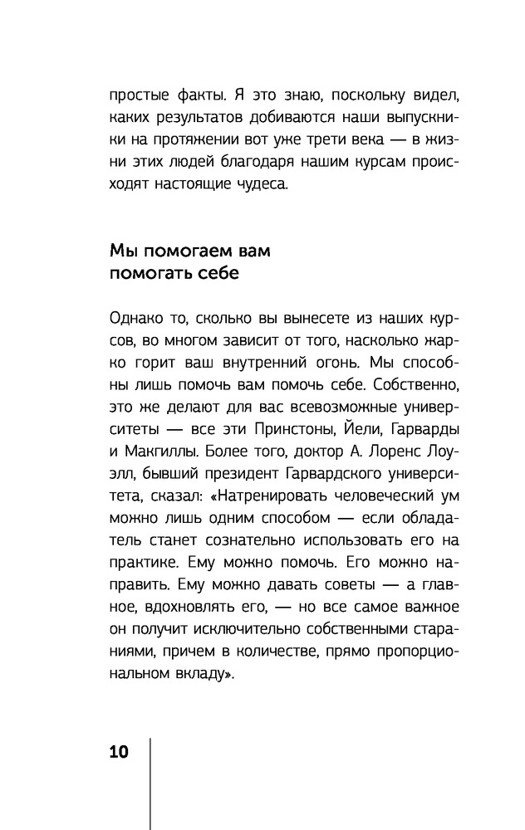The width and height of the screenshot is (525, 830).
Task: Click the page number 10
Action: coord(119,752)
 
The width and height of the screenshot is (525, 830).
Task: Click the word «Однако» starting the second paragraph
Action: coord(135,320)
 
